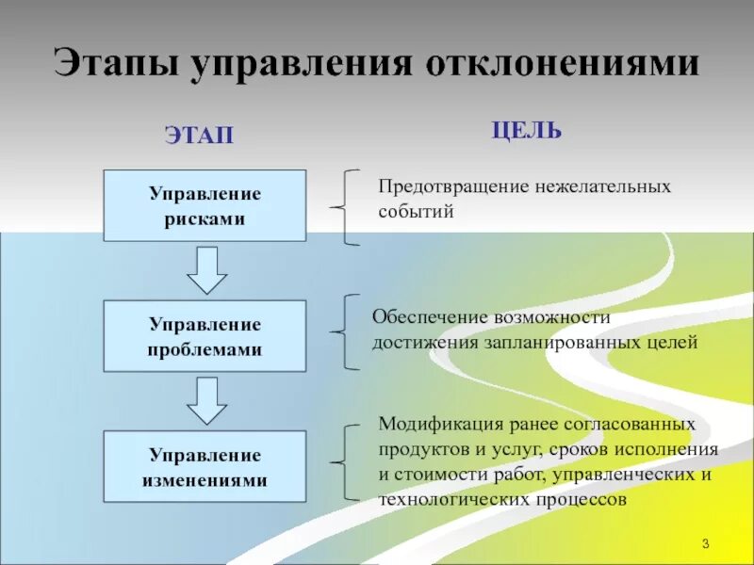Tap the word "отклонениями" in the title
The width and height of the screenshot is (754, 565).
[x=564, y=64]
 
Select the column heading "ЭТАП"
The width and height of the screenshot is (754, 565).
[x=199, y=136]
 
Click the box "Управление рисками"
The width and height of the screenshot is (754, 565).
[x=205, y=205]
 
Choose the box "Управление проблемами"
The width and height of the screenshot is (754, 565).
[x=205, y=335]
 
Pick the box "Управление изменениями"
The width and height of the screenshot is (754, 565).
[x=205, y=466]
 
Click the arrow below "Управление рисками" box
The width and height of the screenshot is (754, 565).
[x=206, y=269]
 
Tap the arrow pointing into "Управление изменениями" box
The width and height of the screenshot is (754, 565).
[x=206, y=400]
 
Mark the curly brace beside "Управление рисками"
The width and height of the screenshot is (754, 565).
[x=345, y=206]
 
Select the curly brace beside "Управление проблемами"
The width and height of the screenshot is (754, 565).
[x=345, y=331]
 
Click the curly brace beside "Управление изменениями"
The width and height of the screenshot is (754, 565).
[x=345, y=461]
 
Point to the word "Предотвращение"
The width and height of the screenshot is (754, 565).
[x=435, y=186]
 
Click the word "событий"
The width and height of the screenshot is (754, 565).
[x=417, y=211]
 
